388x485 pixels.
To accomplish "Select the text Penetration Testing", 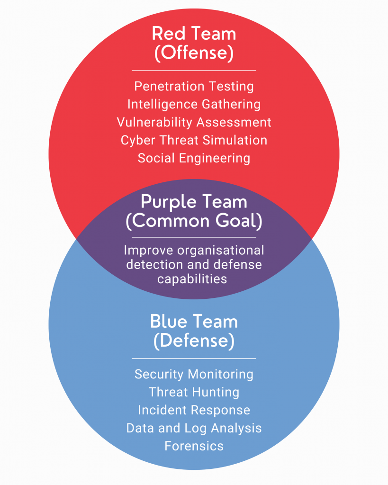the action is click(194, 86).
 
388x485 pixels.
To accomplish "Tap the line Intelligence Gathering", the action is click(194, 104).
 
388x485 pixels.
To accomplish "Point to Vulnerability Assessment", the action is click(194, 122).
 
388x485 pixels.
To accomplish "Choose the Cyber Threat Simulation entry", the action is click(194, 140).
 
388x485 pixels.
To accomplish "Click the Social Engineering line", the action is click(194, 158).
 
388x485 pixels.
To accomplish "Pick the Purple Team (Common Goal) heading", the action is click(194, 212).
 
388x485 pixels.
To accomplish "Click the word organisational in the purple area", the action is click(221, 251).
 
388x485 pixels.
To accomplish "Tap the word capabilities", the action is click(192, 279).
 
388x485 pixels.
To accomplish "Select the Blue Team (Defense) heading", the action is click(194, 331).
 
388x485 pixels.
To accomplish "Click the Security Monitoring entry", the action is click(194, 374).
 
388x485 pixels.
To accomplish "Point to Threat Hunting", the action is click(194, 392).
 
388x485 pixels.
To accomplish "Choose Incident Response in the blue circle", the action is click(194, 410).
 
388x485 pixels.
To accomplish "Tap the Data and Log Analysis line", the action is click(194, 428).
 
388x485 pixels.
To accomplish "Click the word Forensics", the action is click(194, 446).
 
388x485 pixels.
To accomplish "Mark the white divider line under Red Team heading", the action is click(194, 71).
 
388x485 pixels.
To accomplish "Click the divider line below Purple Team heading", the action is click(194, 237).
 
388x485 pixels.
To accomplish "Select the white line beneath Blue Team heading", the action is click(194, 359).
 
